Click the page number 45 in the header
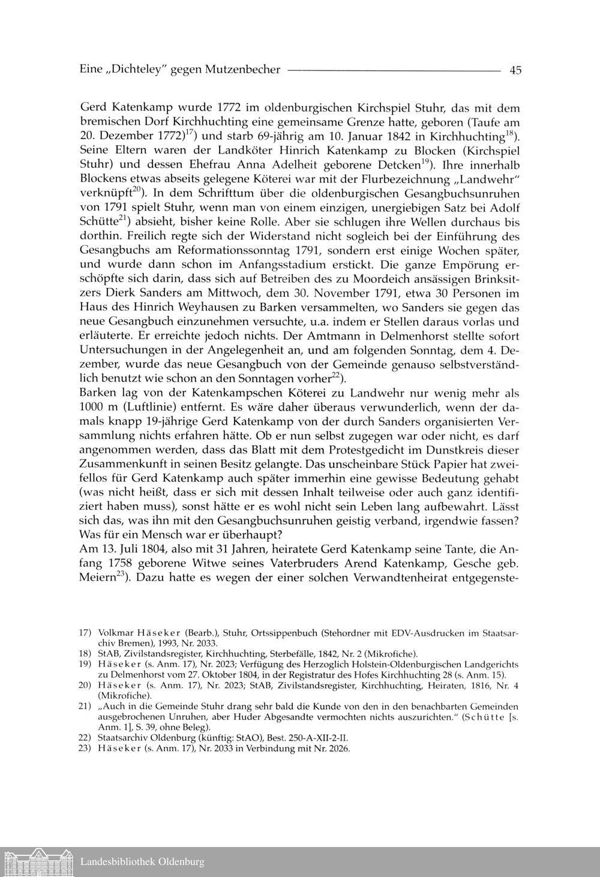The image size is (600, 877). point(515,70)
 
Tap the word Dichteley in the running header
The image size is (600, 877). point(137,70)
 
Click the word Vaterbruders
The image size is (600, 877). point(304,564)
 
